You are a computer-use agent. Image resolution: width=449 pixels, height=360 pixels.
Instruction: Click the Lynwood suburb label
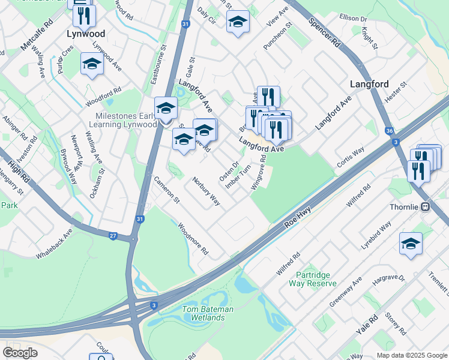pos(85,34)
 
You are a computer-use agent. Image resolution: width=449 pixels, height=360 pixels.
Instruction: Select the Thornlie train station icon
pos(425,207)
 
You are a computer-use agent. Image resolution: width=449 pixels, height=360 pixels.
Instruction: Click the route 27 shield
pos(113,236)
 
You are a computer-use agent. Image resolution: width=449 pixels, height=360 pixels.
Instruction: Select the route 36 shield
pos(390,131)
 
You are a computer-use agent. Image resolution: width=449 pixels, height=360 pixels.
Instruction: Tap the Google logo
pos(20,352)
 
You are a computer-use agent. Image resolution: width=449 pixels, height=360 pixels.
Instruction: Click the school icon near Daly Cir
pos(238,23)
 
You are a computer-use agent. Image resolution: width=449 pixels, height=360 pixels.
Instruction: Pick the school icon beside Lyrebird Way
pos(411,244)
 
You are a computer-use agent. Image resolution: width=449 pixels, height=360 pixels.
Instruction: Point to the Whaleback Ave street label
pos(54,243)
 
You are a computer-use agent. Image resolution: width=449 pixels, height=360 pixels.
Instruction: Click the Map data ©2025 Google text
pos(411,355)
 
